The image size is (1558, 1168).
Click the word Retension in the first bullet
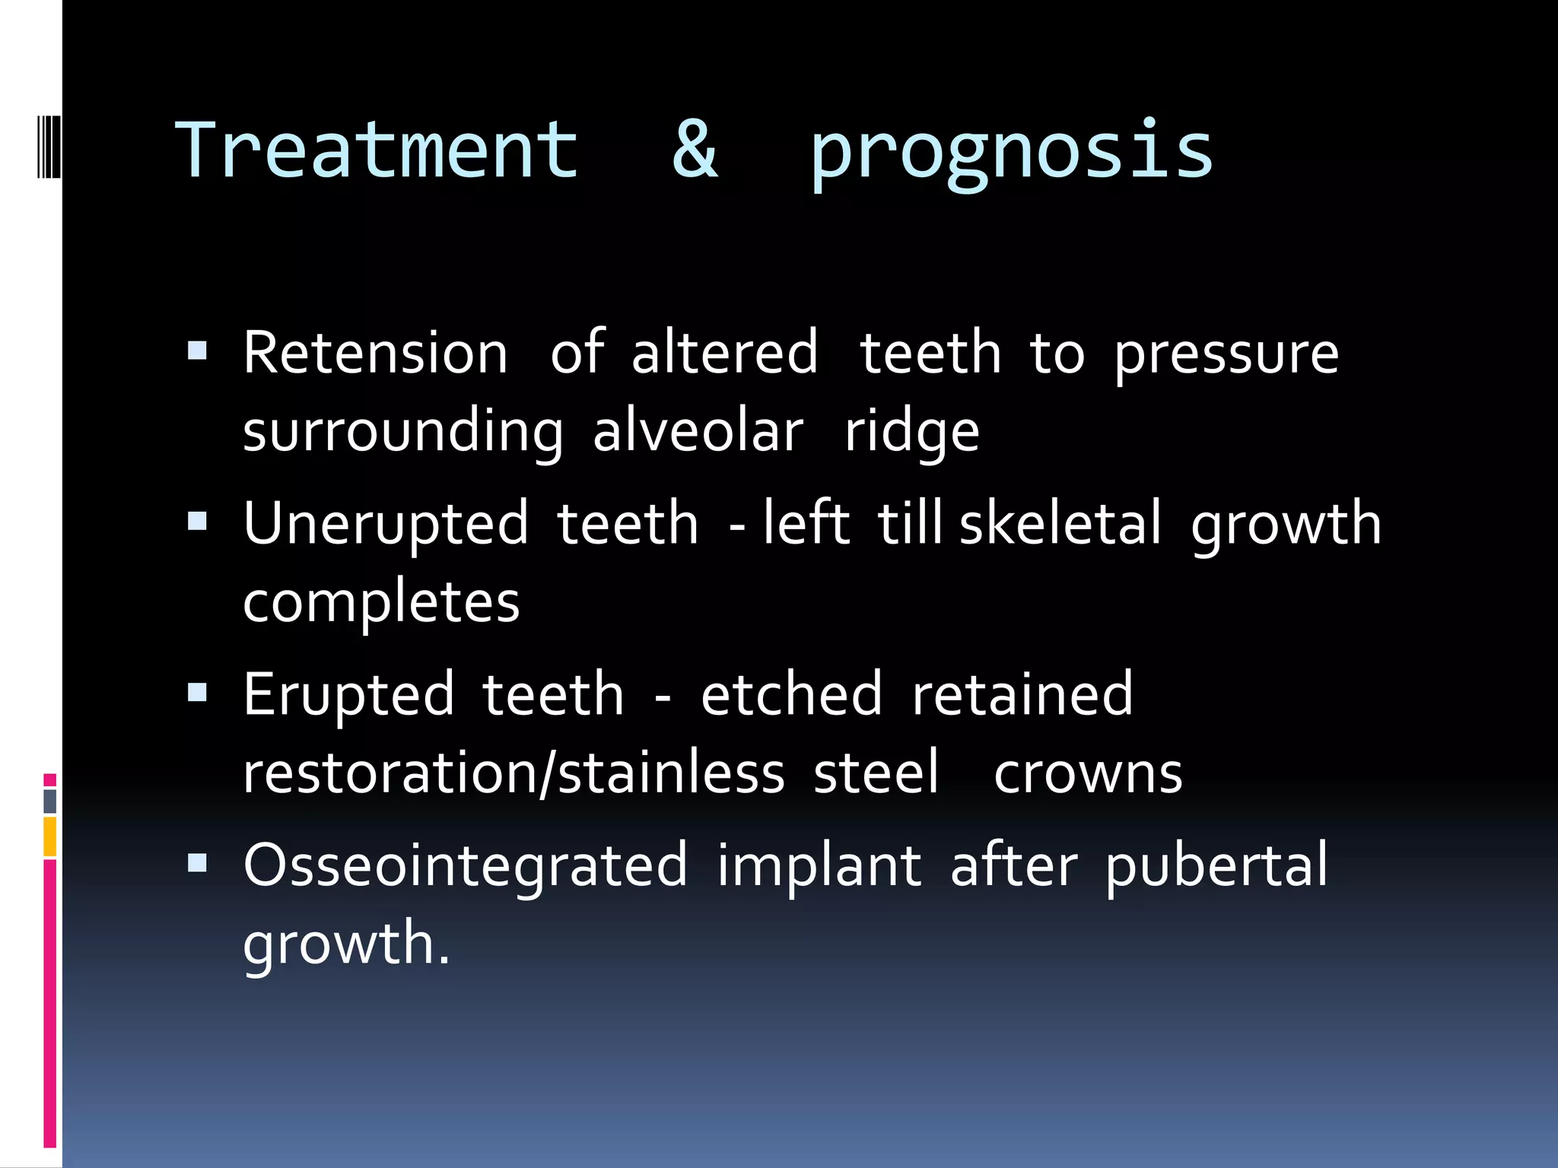point(375,353)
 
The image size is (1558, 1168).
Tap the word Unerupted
point(386,525)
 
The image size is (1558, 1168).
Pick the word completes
point(381,603)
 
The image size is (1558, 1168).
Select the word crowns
point(1088,773)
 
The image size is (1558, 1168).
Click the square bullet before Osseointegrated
point(197,862)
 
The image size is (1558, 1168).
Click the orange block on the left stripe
point(49,836)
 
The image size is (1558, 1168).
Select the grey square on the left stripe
point(49,801)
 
